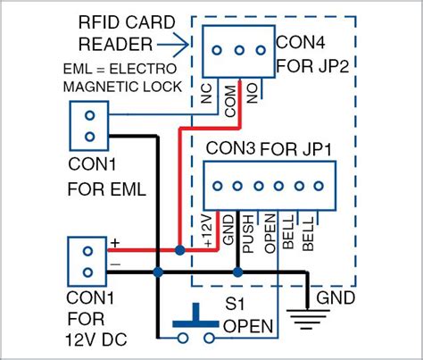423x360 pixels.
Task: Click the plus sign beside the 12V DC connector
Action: pyautogui.click(x=114, y=242)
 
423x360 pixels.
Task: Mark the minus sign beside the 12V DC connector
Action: pyautogui.click(x=114, y=265)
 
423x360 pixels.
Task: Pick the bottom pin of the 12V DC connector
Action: pyautogui.click(x=87, y=272)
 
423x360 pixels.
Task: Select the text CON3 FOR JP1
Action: pyautogui.click(x=268, y=147)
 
